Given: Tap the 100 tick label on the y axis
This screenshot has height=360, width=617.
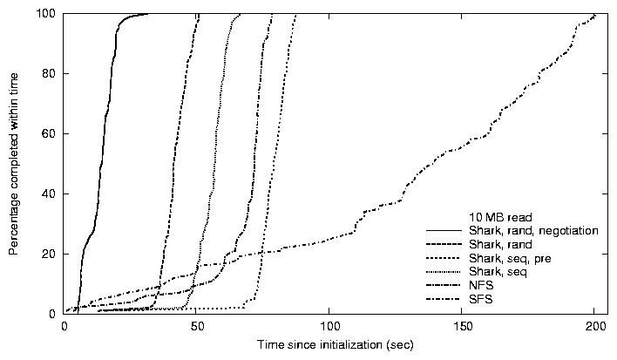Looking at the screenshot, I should [x=47, y=14].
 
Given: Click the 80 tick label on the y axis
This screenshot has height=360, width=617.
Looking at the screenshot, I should [x=51, y=74].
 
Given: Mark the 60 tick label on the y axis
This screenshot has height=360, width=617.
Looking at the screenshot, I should [x=51, y=134].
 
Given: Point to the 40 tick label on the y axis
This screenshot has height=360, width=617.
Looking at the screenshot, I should [x=51, y=194].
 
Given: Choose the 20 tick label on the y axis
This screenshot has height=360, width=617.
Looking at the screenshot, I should [x=51, y=254].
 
